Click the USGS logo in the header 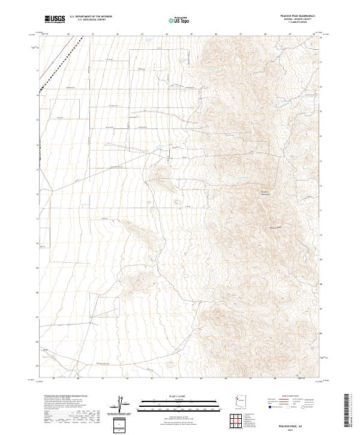click(55, 20)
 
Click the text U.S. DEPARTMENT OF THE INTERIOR click(91, 17)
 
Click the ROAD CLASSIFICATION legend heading click(287, 397)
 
